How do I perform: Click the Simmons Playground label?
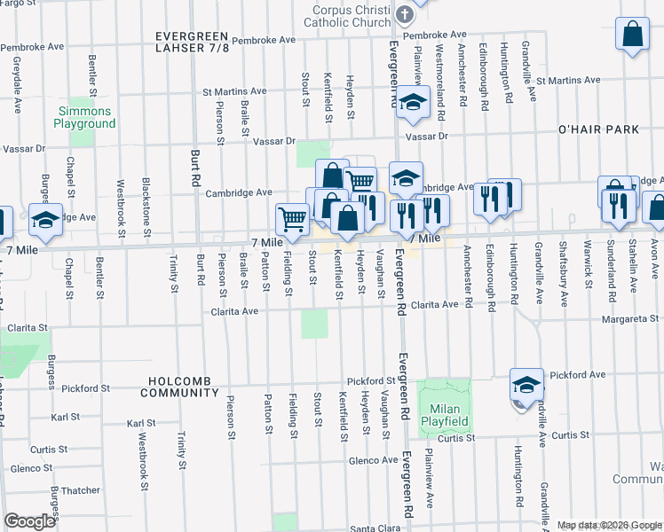[x=85, y=118]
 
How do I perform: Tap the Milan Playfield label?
[x=442, y=415]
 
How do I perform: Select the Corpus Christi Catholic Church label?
[x=346, y=16]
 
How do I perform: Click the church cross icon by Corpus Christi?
[x=405, y=14]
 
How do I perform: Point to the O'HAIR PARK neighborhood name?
[x=598, y=129]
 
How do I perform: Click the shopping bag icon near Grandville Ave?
[x=632, y=35]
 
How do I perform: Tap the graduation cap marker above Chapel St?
[x=45, y=221]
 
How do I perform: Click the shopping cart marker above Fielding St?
[x=291, y=218]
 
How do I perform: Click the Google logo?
[x=29, y=521]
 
